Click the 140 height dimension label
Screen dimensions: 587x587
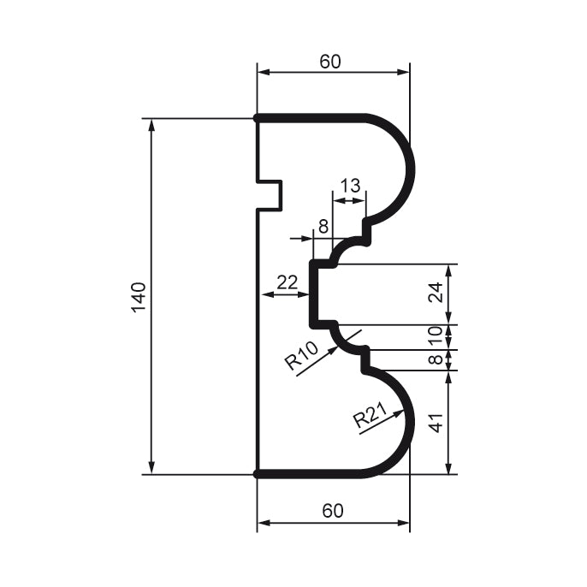tap(139, 296)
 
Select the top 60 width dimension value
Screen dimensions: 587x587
tap(331, 62)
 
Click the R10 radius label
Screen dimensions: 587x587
tap(301, 356)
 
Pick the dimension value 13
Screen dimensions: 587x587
tap(350, 186)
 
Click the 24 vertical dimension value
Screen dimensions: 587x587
tap(436, 293)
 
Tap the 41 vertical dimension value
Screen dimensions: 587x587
tap(436, 421)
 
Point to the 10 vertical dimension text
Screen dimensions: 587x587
tap(436, 336)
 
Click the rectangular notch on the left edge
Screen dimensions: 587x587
tap(271, 194)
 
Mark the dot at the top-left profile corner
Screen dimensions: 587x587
tap(258, 118)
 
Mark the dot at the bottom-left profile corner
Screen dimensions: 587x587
tap(258, 473)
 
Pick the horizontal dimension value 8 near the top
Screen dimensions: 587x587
tap(323, 227)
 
